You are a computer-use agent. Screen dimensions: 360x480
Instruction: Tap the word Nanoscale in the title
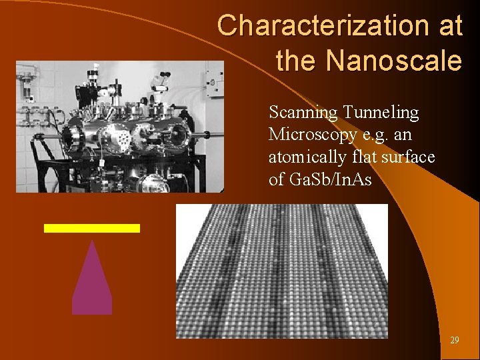point(394,61)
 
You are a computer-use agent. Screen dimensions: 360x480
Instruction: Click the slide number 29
point(454,340)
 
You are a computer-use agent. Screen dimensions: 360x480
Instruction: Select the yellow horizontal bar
point(91,228)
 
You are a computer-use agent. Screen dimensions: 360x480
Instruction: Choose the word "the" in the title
point(297,61)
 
